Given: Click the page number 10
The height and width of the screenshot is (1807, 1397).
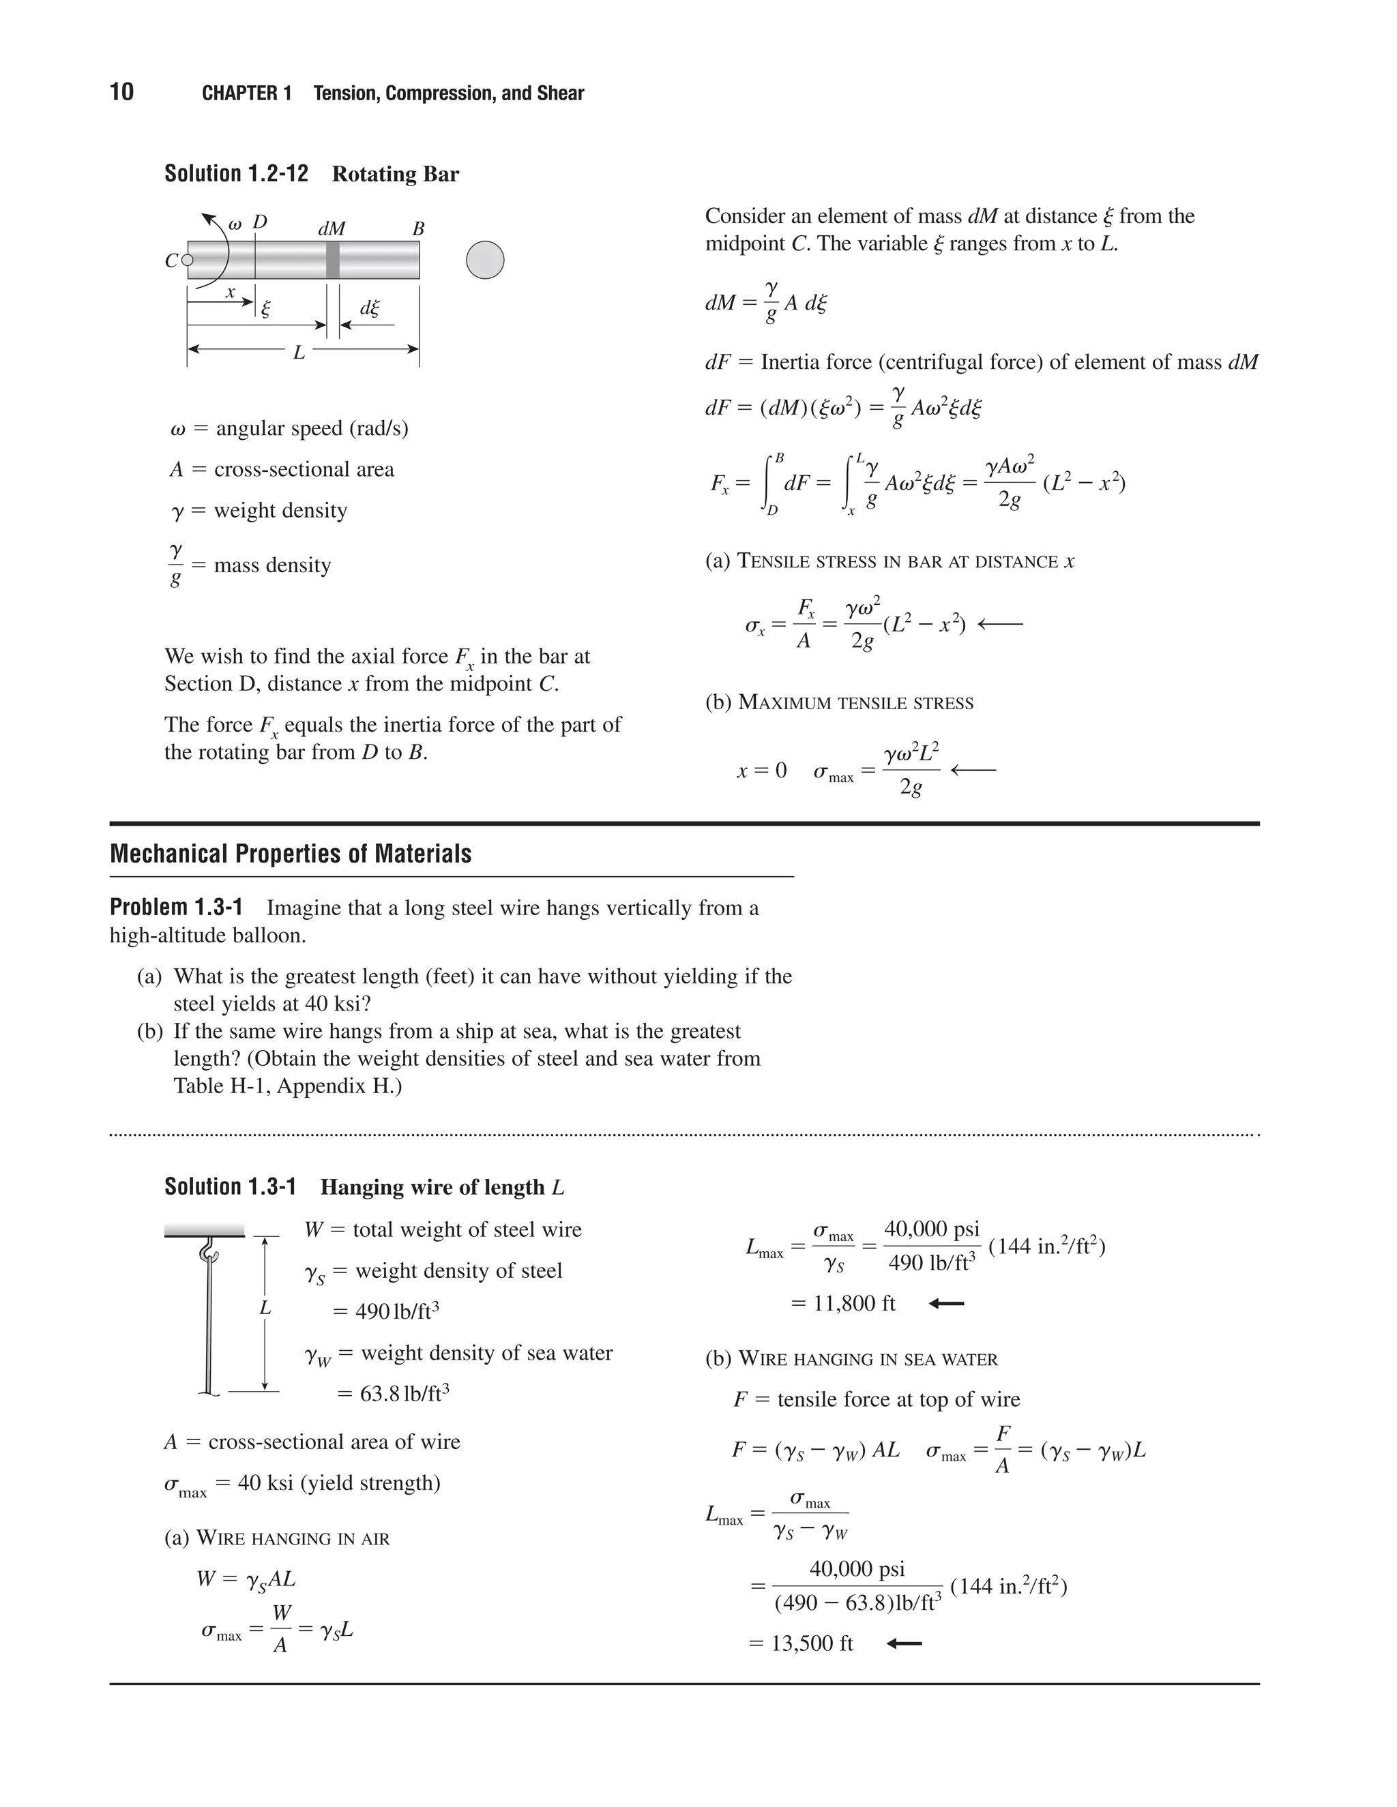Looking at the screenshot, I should [x=121, y=92].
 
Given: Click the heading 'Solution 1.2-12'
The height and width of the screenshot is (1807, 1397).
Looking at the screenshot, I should [x=236, y=174].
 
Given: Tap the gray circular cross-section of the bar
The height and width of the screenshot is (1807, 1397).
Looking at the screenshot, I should [x=485, y=260].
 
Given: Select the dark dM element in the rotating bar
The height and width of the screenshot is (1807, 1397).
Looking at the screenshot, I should [x=333, y=260].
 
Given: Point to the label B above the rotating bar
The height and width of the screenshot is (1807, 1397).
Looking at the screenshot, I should [x=418, y=229].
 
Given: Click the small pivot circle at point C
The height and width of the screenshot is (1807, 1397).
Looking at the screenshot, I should [x=187, y=260].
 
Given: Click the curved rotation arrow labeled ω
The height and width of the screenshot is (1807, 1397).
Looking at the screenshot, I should [x=217, y=248].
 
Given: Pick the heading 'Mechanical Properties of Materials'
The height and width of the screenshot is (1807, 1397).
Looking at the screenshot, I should [x=291, y=854].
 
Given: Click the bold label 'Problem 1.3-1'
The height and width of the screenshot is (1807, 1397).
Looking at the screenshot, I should [x=176, y=908].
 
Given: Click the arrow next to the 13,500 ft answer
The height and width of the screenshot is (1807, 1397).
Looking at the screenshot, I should [x=904, y=1643].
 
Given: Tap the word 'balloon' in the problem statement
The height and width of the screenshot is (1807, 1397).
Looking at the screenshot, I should [x=270, y=935].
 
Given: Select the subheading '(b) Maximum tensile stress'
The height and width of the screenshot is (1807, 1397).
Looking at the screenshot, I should [x=839, y=702].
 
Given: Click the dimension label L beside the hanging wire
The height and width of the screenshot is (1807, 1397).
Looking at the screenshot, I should [x=265, y=1308].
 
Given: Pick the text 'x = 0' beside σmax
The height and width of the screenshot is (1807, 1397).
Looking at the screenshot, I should [x=761, y=771].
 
